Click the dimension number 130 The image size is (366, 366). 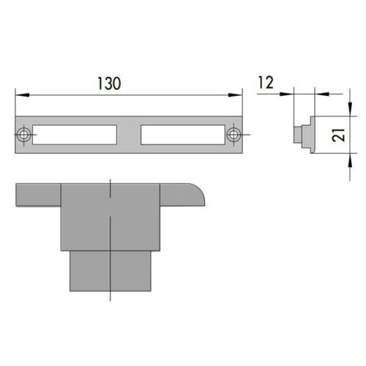click(x=109, y=83)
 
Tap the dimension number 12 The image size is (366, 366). click(x=266, y=83)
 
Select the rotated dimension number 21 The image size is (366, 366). click(x=339, y=135)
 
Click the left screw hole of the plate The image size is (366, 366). click(x=23, y=135)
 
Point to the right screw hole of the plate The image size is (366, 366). click(x=234, y=135)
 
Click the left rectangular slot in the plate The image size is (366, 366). click(x=75, y=135)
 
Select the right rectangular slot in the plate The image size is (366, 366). click(x=183, y=135)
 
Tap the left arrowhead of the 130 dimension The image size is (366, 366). click(x=22, y=95)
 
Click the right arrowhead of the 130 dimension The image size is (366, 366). click(x=235, y=95)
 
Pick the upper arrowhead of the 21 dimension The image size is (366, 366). click(x=350, y=108)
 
